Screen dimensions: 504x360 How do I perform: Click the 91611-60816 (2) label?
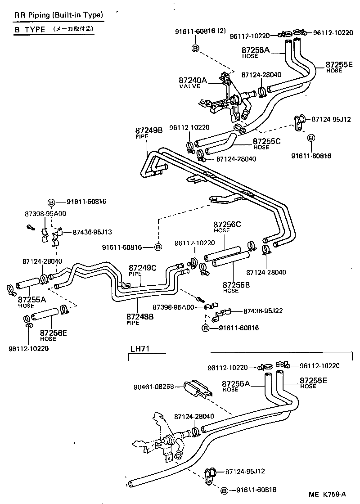(200, 31)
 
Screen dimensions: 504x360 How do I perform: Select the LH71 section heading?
(139, 348)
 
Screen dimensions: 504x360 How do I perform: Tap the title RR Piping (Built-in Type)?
(58, 15)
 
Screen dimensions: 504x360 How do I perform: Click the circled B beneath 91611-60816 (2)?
(195, 48)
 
